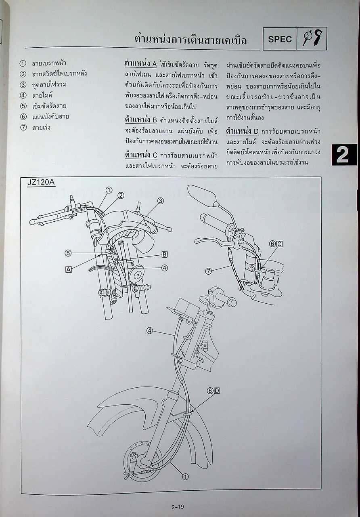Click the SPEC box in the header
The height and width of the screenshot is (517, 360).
point(280,39)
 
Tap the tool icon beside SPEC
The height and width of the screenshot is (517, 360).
point(312,39)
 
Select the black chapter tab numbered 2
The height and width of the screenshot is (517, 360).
point(344,155)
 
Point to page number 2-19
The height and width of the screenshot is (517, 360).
point(178,507)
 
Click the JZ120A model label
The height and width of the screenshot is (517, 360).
point(41,182)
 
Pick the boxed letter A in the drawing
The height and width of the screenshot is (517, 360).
point(69,270)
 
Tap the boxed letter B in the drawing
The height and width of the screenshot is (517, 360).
point(165,254)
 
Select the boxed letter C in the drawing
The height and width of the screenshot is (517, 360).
point(279,244)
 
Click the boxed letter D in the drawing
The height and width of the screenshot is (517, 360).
point(217,391)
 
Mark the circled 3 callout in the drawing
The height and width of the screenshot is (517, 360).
point(160,201)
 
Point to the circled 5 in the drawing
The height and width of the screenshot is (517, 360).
point(68,253)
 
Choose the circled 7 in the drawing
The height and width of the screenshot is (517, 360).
point(208,271)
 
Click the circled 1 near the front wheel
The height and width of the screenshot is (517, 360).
point(185,477)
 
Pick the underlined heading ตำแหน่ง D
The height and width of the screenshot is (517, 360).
point(242,131)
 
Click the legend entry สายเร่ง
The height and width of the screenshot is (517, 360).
point(42,128)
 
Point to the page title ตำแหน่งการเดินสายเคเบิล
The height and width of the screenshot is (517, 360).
point(190,40)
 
